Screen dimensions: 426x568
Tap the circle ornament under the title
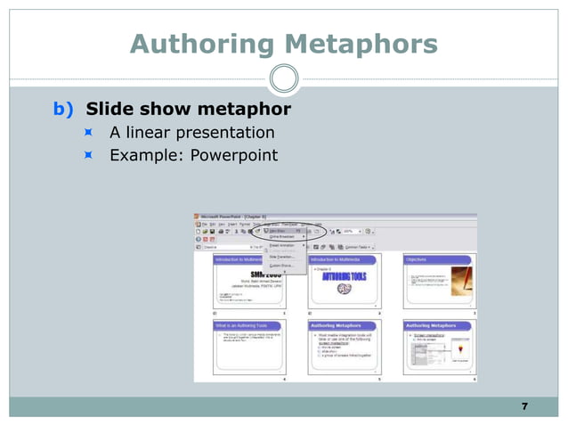pos(284,79)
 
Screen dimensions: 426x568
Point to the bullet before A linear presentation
pos(89,133)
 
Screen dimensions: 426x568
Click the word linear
pos(149,133)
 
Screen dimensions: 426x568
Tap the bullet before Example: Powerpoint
pos(89,155)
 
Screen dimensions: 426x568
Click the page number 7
pos(524,406)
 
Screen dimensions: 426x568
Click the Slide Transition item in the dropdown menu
pos(283,256)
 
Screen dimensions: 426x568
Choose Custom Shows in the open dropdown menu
pos(283,266)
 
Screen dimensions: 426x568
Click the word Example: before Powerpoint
pos(142,155)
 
